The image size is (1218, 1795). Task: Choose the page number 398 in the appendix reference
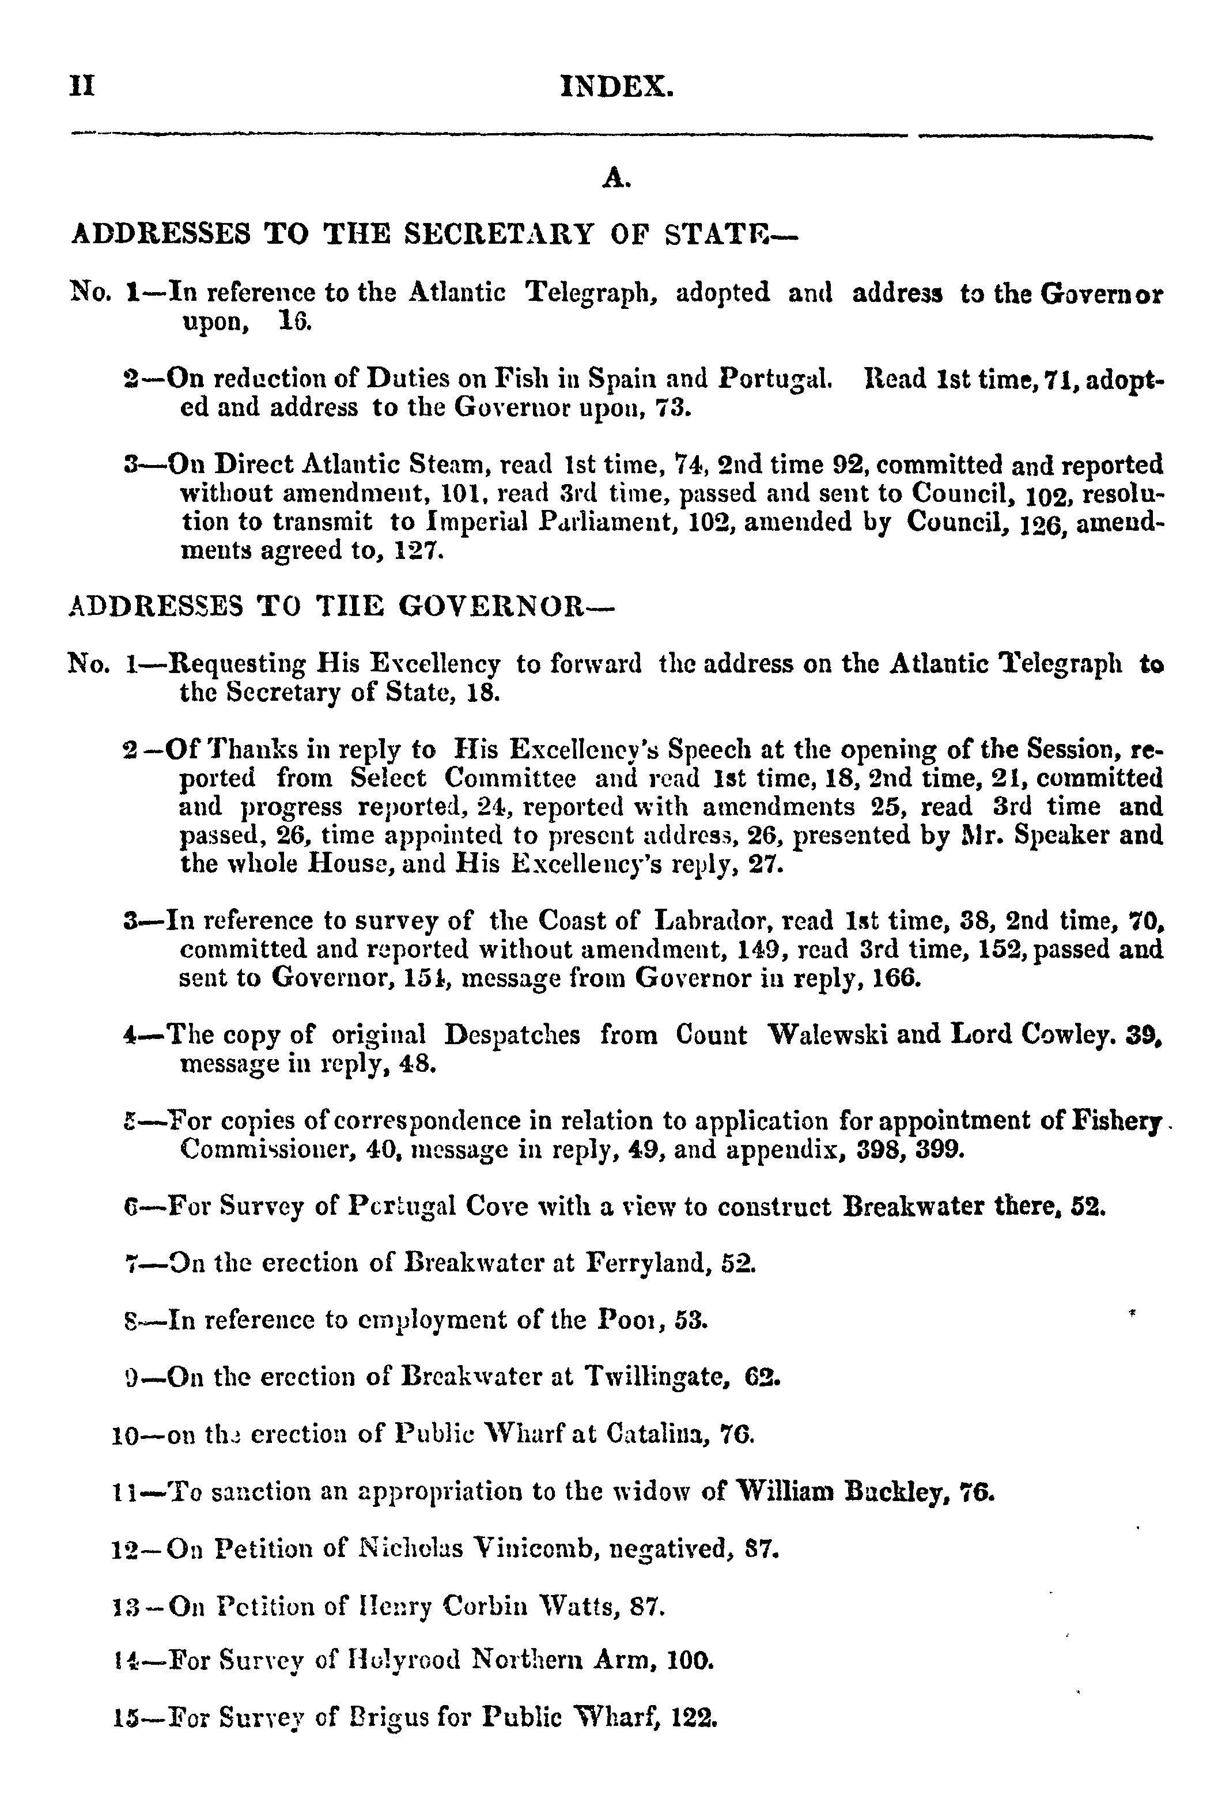coord(882,1149)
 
